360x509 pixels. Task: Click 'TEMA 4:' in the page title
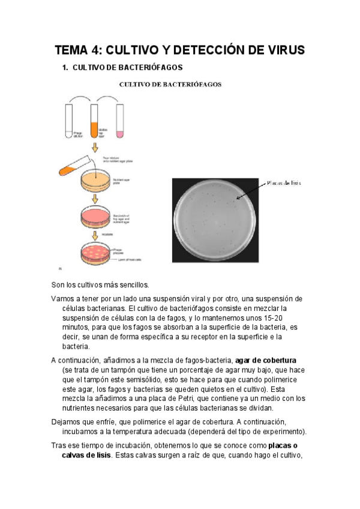(x=79, y=49)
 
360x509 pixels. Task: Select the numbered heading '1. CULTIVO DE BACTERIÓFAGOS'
(x=122, y=68)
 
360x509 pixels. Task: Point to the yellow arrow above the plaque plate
(x=95, y=236)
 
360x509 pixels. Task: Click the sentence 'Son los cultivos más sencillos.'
(x=100, y=284)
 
